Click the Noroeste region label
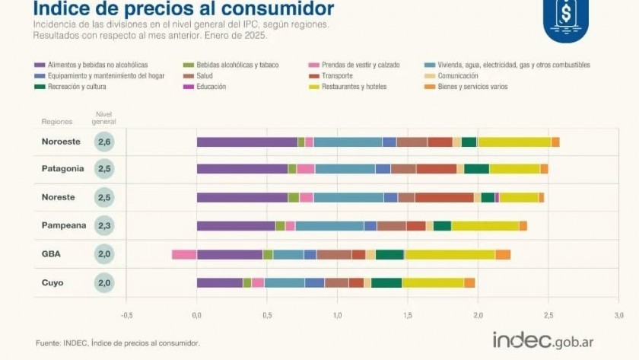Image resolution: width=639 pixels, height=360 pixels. pos(61,142)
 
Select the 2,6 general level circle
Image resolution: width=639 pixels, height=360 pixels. pos(105,142)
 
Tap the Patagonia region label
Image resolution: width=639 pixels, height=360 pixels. pos(62,169)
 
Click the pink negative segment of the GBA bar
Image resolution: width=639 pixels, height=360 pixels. pos(184,254)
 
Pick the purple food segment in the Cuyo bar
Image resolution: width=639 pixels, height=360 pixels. pos(220,282)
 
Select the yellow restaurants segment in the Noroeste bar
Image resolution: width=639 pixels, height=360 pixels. pos(514,142)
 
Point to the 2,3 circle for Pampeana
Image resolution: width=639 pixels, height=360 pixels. pos(105,225)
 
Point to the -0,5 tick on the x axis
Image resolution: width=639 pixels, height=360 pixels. pos(126,314)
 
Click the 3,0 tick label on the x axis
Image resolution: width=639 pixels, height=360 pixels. pos(618,314)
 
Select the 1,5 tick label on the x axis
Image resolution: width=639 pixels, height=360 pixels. pos(408,314)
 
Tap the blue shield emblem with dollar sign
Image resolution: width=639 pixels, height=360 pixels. pos(565,17)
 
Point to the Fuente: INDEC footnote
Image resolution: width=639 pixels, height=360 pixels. pos(118,343)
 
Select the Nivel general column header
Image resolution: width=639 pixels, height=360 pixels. pos(105,118)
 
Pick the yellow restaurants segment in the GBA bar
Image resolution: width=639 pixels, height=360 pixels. pos(450,254)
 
